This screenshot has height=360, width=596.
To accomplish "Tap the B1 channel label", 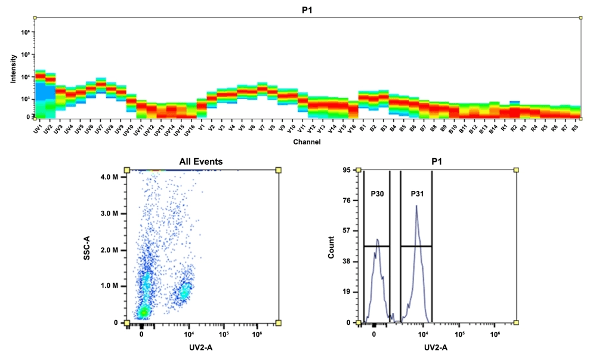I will tap(362, 128).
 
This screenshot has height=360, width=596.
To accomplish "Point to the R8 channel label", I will tap(575, 128).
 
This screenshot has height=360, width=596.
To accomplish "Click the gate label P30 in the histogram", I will tap(376, 194).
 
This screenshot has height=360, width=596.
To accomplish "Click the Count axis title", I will tap(331, 246).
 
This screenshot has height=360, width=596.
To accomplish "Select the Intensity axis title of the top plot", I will tap(14, 69).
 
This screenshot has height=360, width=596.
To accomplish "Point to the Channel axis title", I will tap(307, 142).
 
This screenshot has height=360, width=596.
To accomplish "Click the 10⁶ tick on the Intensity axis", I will tap(26, 32).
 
